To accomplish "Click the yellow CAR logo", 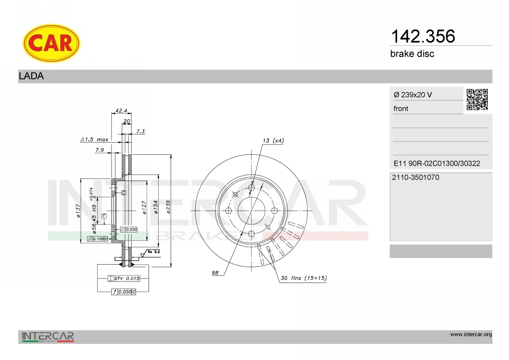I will (51, 43).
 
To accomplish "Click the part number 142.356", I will (422, 36).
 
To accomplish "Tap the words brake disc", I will (412, 54).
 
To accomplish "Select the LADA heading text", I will (31, 76).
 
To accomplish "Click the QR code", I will (477, 100).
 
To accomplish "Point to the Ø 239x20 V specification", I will (413, 95).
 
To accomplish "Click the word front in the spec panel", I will (401, 109).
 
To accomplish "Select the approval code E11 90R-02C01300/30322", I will (436, 163).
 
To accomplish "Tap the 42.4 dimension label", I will (121, 111).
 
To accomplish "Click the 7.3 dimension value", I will (140, 131).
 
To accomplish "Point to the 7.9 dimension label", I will (100, 150).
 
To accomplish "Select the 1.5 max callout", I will (95, 139).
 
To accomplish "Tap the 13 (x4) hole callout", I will (273, 140).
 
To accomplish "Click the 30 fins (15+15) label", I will (303, 278).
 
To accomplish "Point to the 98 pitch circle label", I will (215, 273).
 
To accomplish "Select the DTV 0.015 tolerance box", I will (123, 279).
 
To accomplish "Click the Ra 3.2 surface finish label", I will (153, 252).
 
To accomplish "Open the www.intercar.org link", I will (471, 335).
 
